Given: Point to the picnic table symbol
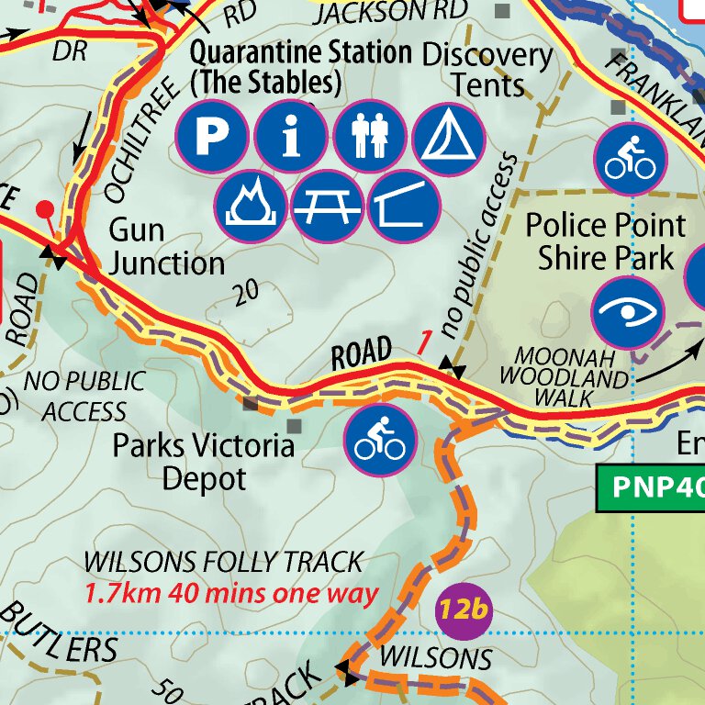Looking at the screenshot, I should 329,205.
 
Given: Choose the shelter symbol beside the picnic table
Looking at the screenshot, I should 405,205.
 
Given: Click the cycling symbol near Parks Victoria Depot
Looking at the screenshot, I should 380,440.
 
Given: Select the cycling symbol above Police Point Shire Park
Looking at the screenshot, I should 631,158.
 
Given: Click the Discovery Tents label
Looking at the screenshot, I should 487,70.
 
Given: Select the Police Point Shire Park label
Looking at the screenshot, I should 605,241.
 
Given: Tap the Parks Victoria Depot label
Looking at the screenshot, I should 204,462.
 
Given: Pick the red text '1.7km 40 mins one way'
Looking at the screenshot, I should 231,592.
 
